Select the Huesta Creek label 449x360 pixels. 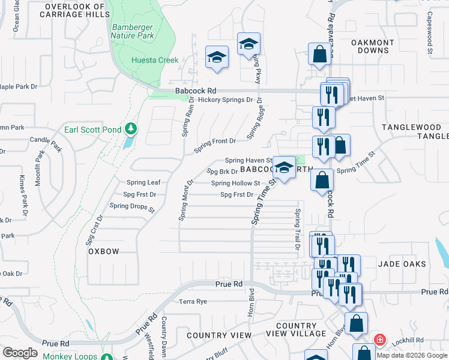(x=155, y=60)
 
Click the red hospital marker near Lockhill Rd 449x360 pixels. (x=379, y=340)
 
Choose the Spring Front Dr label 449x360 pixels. (x=214, y=141)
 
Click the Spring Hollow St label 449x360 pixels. (x=235, y=184)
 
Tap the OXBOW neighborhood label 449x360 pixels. (x=104, y=251)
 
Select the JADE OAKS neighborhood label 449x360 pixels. (x=402, y=264)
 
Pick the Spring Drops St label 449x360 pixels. (x=132, y=208)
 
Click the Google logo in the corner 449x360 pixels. (x=20, y=352)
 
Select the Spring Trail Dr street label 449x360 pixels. (x=297, y=230)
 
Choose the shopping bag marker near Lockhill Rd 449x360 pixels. (x=355, y=323)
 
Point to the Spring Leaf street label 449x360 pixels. (x=143, y=182)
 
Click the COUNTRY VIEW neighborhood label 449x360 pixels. (x=219, y=335)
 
